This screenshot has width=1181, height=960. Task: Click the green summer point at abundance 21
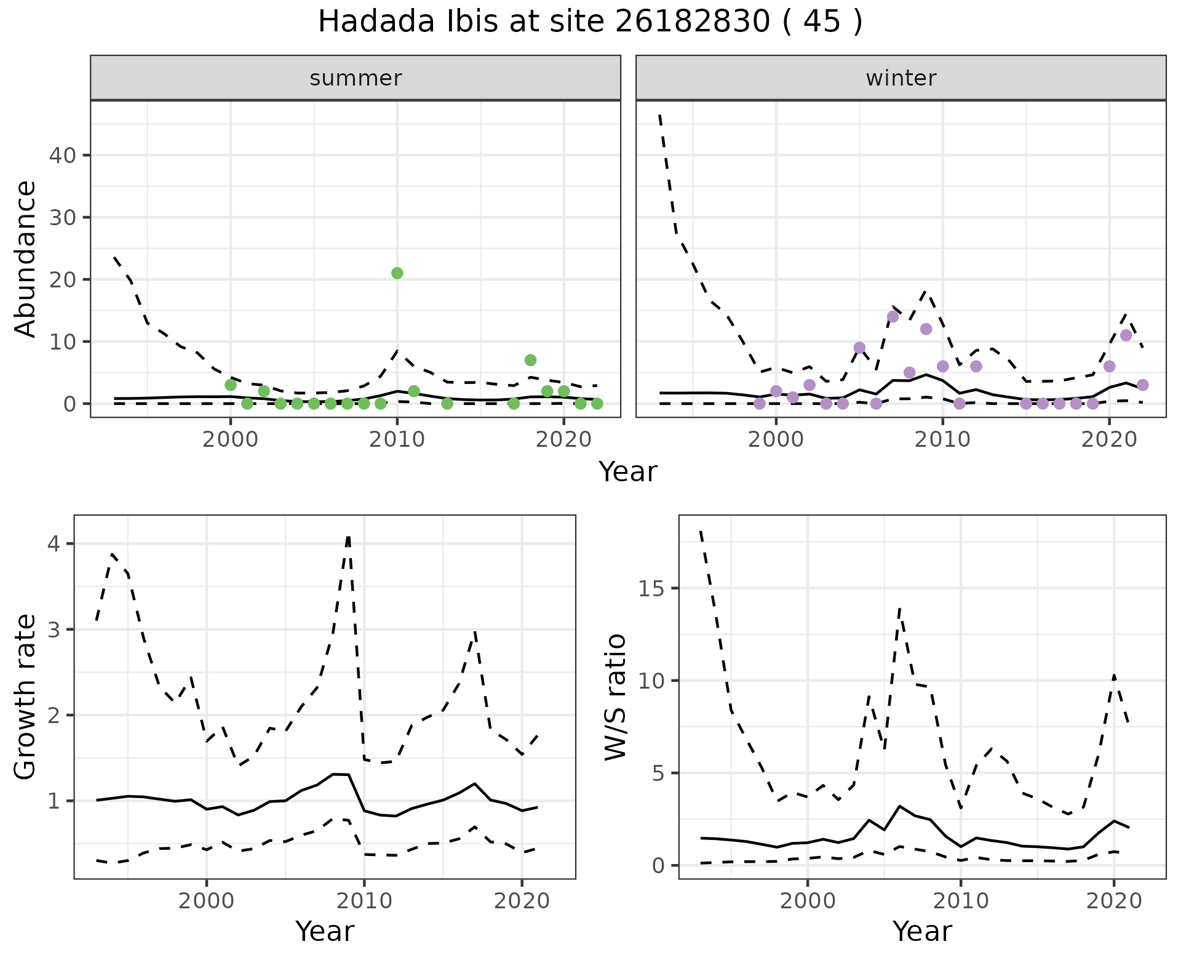(x=397, y=273)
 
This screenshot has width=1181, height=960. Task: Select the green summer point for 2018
(x=531, y=360)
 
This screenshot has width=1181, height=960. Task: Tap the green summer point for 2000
(x=231, y=385)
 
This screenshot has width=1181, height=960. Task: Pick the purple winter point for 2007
(x=893, y=316)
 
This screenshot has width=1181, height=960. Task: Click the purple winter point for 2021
(x=1126, y=335)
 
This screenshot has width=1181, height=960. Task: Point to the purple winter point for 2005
(x=860, y=348)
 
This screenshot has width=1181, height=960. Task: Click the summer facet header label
(x=356, y=78)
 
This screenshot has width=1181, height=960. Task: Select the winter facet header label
(x=901, y=78)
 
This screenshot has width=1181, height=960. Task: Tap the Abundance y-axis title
(x=26, y=258)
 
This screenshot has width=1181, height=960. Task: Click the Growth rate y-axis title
(x=26, y=697)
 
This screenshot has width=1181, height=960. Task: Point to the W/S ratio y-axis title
(x=615, y=697)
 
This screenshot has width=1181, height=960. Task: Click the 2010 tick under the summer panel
(x=397, y=440)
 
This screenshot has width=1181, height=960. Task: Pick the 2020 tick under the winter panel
(x=1109, y=440)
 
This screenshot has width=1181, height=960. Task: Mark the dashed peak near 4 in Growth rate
(x=349, y=537)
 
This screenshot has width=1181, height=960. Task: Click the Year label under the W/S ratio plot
(x=922, y=931)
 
